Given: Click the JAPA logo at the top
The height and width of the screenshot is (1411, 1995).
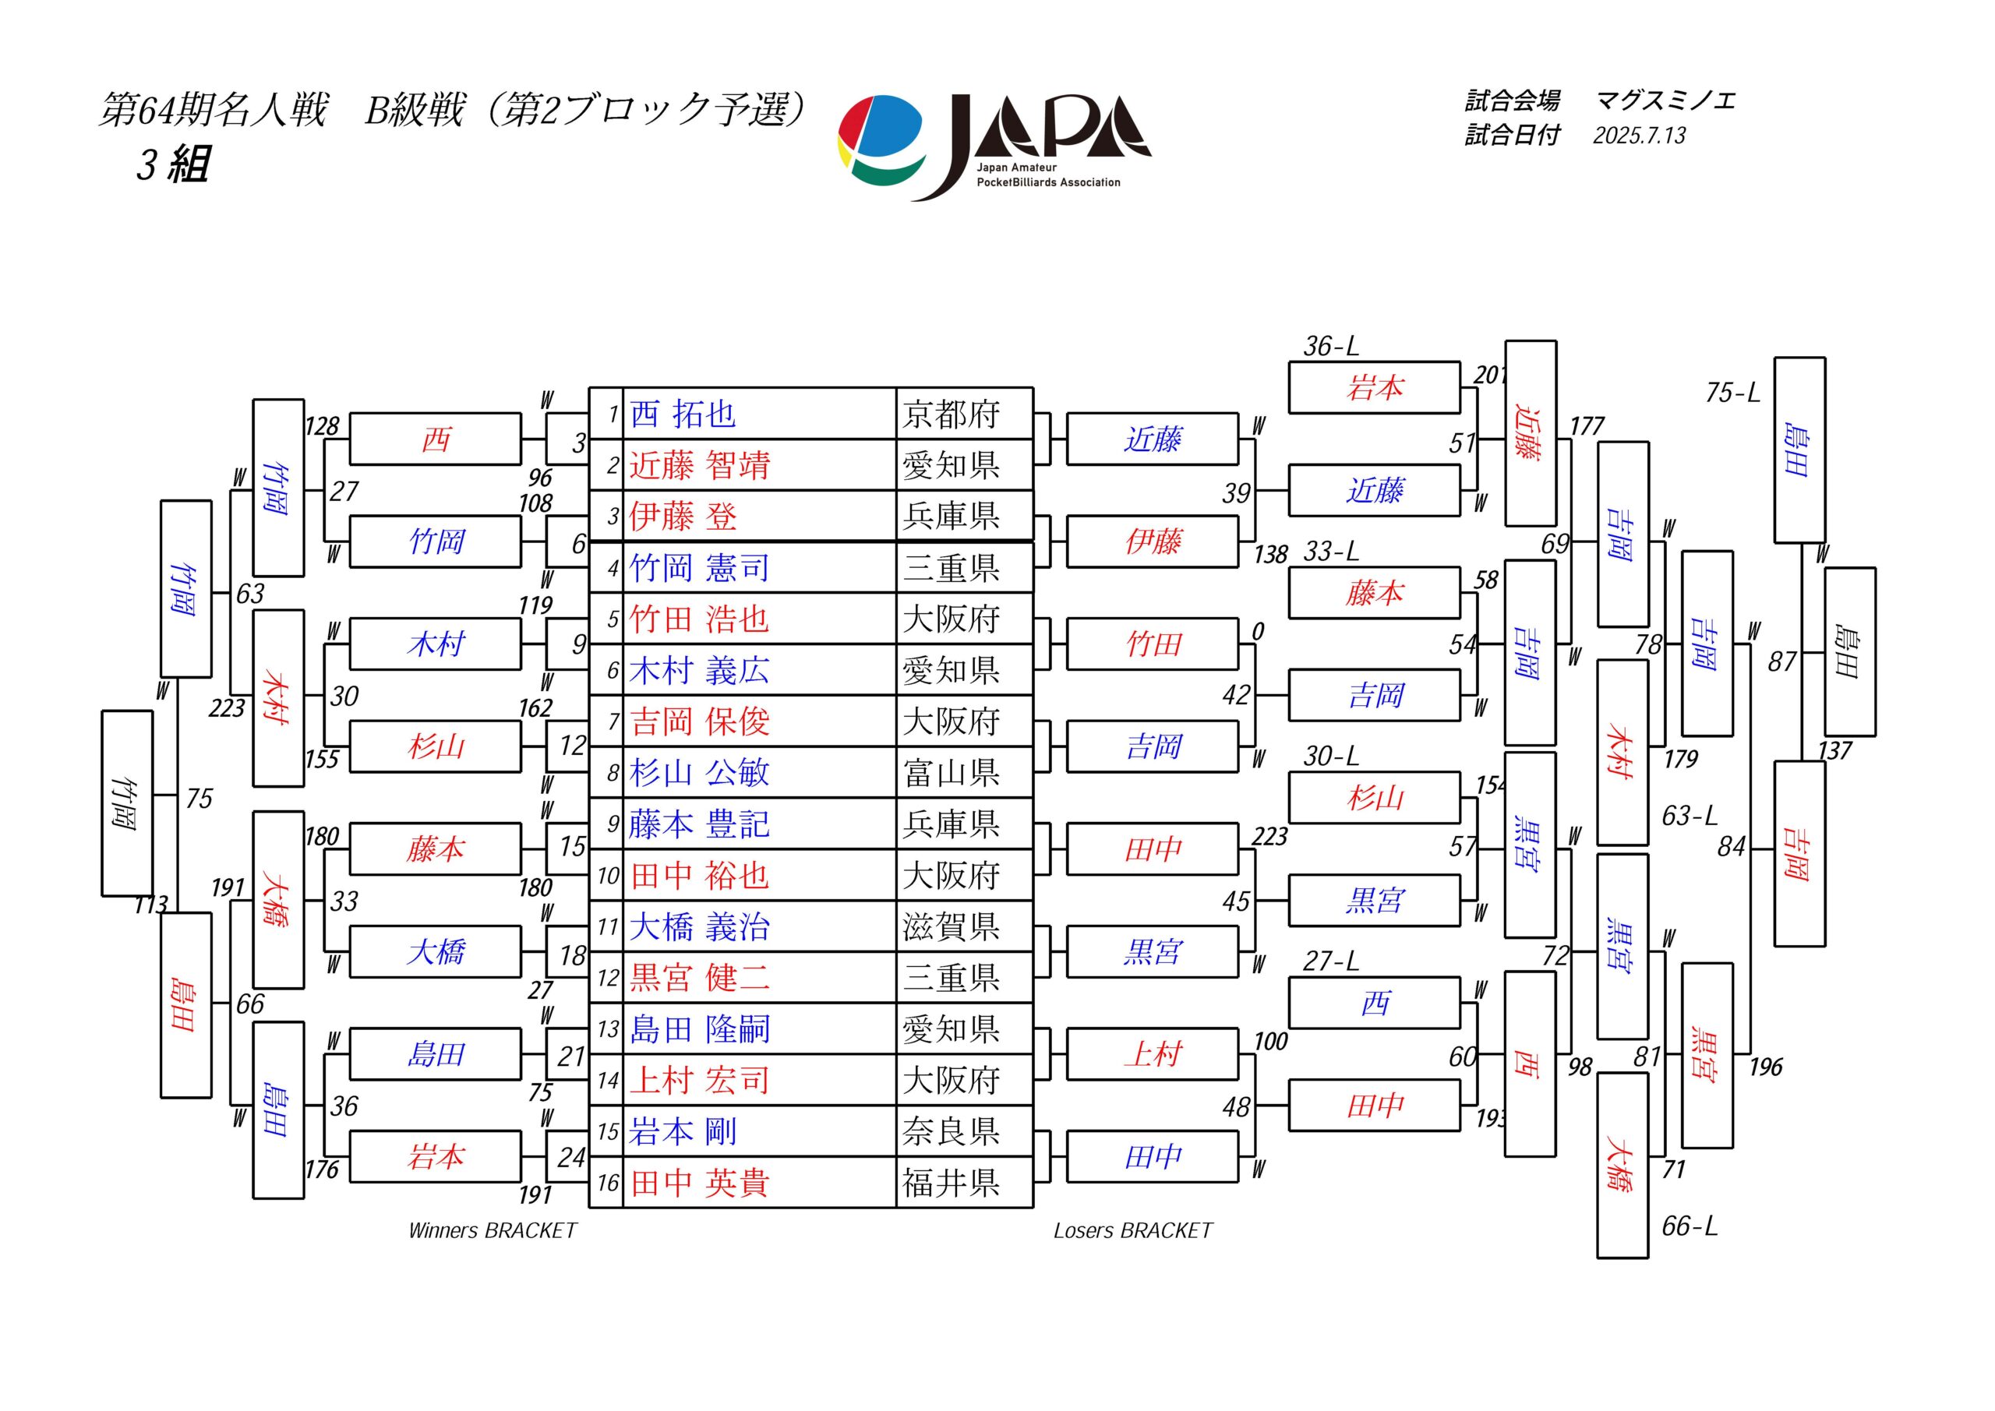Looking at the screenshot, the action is point(995,146).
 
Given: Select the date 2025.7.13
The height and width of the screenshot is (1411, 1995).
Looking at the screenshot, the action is point(1639,136).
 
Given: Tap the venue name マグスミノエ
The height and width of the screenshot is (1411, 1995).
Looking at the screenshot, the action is point(1665,101).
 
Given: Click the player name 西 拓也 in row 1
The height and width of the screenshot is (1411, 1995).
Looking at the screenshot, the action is point(683,414).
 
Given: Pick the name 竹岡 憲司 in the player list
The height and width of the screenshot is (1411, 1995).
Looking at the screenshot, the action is point(700,567).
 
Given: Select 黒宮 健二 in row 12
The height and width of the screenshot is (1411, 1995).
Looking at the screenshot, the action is point(700,978).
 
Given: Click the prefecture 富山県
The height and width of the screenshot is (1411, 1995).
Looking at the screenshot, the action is point(951,772).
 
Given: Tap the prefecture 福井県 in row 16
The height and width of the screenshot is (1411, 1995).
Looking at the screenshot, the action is point(951,1183).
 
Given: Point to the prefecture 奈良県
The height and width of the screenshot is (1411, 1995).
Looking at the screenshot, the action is point(951,1131).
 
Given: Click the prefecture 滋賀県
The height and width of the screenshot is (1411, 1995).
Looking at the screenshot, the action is point(951,926).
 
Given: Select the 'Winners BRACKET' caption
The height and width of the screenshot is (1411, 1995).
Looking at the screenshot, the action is point(493,1230).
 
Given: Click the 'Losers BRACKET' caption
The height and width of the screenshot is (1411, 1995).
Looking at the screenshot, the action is point(1133,1230).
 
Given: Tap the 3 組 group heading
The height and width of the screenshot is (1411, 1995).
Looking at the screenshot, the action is point(173,164).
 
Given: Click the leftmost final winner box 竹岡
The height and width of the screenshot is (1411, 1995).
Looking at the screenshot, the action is point(128,803).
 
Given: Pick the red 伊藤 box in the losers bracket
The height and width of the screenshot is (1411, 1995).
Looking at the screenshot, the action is point(1152,542).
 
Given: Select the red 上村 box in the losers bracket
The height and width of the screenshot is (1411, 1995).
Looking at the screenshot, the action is point(1152,1055).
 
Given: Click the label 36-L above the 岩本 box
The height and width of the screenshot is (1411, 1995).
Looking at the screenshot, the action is point(1331,346).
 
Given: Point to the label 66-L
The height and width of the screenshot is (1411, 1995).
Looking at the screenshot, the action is point(1690,1226).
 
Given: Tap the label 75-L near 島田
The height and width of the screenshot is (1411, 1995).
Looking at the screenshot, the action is point(1732,393).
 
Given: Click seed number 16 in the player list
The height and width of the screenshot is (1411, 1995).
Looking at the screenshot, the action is point(607,1183).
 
